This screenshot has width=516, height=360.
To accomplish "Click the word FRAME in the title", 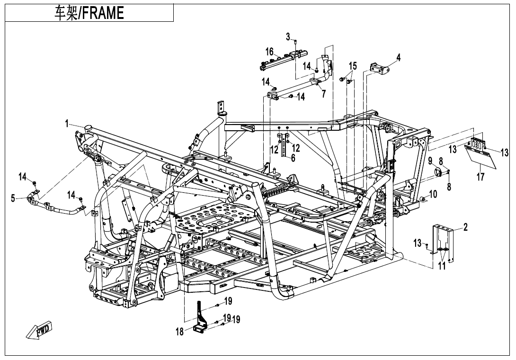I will click(101, 13).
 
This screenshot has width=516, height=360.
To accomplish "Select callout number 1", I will click(68, 124).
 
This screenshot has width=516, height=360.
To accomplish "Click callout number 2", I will click(465, 227).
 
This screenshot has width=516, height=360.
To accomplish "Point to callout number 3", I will click(288, 36).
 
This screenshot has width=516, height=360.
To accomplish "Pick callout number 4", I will click(399, 58).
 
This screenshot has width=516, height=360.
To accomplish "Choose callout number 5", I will click(13, 198).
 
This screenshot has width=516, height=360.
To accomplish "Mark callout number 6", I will click(293, 158).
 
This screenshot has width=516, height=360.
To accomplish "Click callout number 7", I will click(323, 93).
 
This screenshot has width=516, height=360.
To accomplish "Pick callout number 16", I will click(269, 52).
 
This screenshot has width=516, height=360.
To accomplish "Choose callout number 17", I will click(480, 178).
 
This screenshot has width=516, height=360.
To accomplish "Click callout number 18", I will click(180, 332).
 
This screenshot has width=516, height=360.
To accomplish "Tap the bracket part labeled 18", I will click(201, 317).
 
